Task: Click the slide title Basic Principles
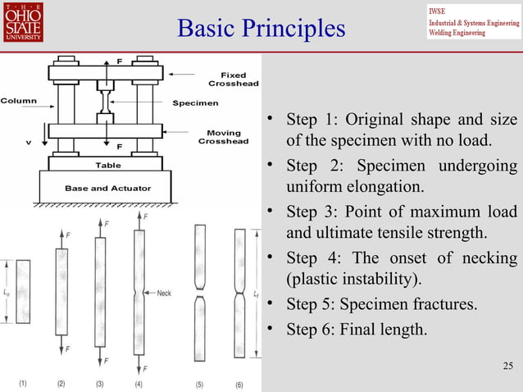pyautogui.click(x=261, y=29)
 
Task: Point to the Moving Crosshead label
pyautogui.click(x=223, y=137)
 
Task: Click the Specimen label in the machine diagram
pyautogui.click(x=195, y=103)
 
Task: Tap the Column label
pyautogui.click(x=17, y=101)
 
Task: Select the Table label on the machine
pyautogui.click(x=107, y=165)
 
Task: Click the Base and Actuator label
pyautogui.click(x=107, y=189)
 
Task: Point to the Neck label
pyautogui.click(x=163, y=293)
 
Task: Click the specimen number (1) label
pyautogui.click(x=23, y=384)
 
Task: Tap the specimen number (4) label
pyautogui.click(x=139, y=384)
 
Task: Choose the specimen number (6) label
pyautogui.click(x=239, y=384)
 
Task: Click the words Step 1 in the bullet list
pyautogui.click(x=308, y=121)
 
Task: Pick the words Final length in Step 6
pyautogui.click(x=384, y=331)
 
